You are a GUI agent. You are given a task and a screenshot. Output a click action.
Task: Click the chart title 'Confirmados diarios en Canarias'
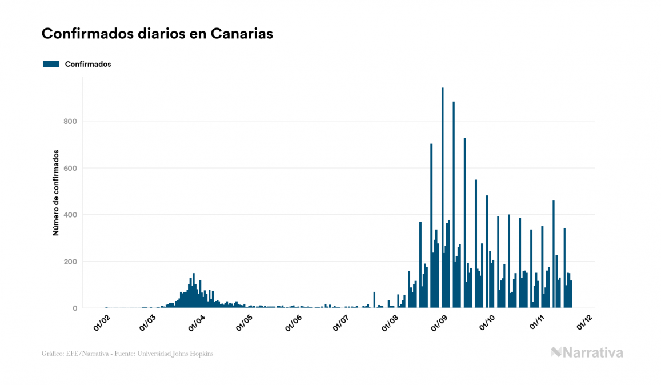click(157, 34)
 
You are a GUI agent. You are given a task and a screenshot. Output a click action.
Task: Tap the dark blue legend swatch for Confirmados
click(51, 64)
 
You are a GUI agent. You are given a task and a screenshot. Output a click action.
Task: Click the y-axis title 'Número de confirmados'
click(56, 193)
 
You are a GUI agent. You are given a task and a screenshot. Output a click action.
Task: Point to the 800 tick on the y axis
click(70, 121)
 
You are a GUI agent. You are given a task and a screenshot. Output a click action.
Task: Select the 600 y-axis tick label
click(70, 168)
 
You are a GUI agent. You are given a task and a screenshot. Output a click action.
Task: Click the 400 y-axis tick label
click(70, 215)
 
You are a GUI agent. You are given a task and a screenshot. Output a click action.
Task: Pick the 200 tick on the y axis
click(70, 262)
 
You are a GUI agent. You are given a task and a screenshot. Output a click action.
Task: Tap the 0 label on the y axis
click(74, 308)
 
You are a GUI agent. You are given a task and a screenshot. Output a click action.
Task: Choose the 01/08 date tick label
click(390, 323)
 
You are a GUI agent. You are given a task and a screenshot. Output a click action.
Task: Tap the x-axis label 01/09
click(439, 323)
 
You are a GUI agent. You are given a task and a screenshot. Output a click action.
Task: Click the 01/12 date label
click(584, 323)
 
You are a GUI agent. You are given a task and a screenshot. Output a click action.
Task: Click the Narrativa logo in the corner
click(587, 352)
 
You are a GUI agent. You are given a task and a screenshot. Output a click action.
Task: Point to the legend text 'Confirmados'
click(88, 64)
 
